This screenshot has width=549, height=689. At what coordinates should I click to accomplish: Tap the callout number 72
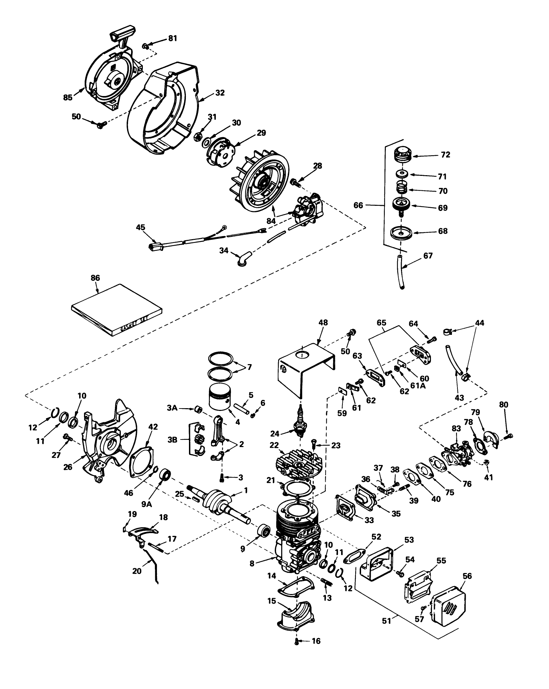click(x=445, y=155)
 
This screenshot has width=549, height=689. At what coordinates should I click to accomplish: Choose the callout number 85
click(x=68, y=97)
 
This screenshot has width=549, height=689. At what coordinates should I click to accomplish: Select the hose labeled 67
click(x=401, y=272)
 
